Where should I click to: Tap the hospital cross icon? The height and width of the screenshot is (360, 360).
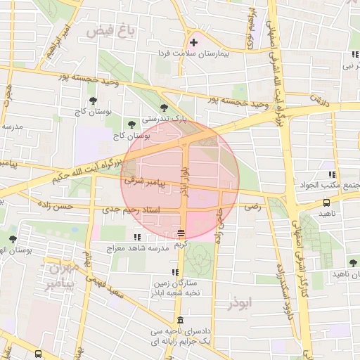[x=194, y=44]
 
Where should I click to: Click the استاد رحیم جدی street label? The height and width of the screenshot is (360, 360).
[x=131, y=210]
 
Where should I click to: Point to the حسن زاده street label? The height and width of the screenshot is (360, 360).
[x=75, y=207]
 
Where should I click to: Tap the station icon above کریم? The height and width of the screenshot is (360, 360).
[x=181, y=233]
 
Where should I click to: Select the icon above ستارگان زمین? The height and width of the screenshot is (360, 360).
[x=174, y=272]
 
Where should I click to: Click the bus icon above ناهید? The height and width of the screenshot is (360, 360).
[x=327, y=202]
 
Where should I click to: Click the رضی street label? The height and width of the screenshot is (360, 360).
[x=251, y=207]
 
